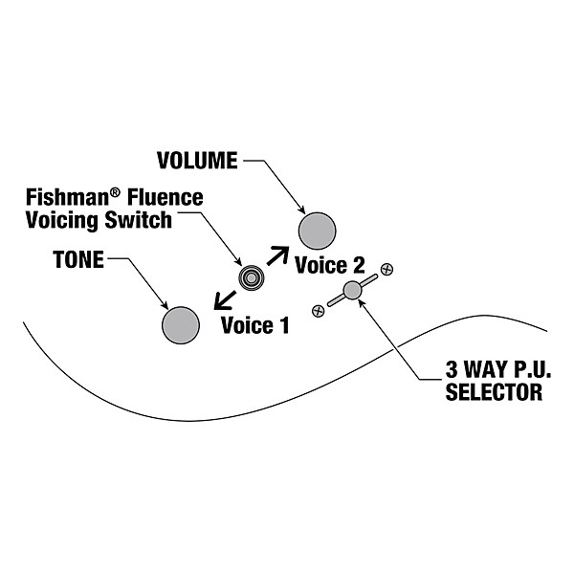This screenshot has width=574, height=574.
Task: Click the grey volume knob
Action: pos(319,230)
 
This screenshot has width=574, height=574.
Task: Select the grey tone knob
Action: pos(180,323)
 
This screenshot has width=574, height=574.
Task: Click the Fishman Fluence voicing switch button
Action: pos(252,278)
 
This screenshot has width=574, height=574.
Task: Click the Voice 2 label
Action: pos(330,265)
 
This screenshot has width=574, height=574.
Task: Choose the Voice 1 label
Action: pos(254,325)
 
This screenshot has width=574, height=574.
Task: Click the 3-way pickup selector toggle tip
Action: pos(352,289)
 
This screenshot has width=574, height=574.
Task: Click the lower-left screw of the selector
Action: pos(318,308)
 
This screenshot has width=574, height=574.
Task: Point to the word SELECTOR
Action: pos(494,392)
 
